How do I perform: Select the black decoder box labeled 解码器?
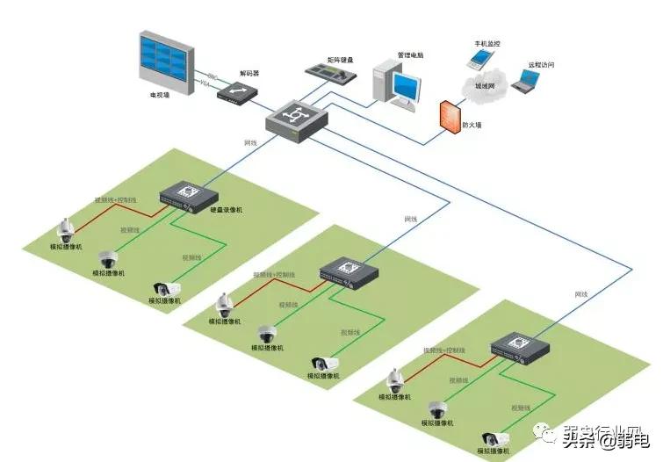239,90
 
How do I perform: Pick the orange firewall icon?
450,114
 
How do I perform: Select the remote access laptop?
528,81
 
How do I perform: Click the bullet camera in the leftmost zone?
165,287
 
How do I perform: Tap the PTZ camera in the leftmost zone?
64,230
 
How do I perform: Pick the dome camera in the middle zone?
268,334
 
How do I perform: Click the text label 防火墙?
472,126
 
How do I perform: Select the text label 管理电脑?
409,55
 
